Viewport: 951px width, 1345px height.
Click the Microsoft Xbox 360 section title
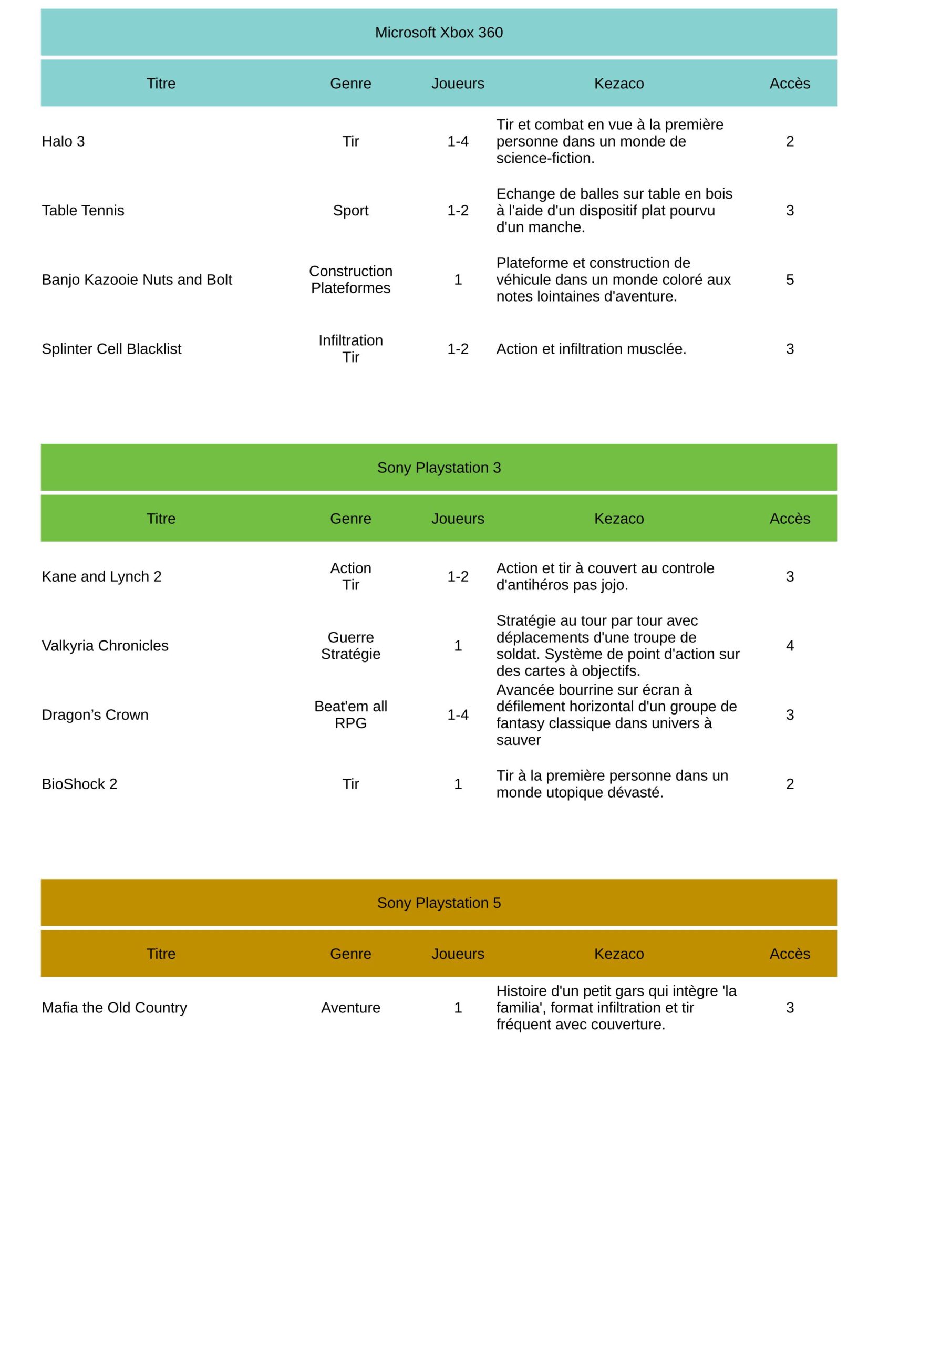coord(438,33)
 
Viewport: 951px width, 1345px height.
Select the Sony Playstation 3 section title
coord(438,468)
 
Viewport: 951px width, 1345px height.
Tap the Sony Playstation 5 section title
coord(438,903)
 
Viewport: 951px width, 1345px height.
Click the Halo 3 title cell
coord(63,141)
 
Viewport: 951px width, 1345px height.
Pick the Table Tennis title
coord(82,210)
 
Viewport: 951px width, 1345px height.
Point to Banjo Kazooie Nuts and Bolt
coord(137,280)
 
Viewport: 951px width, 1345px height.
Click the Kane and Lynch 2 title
coord(101,576)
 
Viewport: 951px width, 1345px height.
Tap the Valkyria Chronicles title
coord(105,646)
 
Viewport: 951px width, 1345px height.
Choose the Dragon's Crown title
coord(95,715)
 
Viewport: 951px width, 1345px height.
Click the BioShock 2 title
coord(79,784)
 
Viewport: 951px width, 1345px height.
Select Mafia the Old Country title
coord(114,1008)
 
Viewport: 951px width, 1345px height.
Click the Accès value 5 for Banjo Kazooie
coord(789,280)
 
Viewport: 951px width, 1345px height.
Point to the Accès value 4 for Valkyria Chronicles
coord(789,646)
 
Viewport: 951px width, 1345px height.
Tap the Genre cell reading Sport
coord(350,210)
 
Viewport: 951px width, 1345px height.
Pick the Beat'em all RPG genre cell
coord(350,715)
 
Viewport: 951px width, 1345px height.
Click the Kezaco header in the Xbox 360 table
coord(619,83)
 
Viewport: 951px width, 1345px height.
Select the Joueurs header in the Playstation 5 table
coord(458,954)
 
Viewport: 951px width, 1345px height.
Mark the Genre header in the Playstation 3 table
coord(350,519)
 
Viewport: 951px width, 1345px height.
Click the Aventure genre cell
coord(350,1008)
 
